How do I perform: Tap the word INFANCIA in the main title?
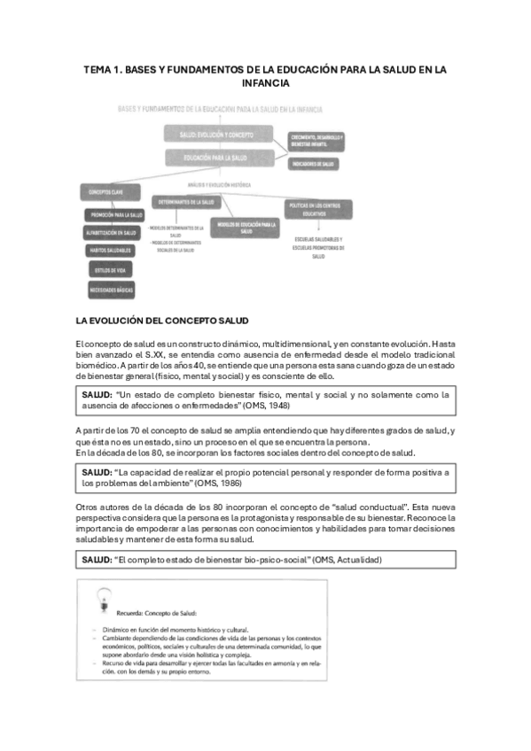click(x=265, y=83)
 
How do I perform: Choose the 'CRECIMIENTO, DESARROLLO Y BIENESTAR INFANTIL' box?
click(x=317, y=141)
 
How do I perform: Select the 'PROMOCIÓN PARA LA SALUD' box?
click(x=116, y=215)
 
